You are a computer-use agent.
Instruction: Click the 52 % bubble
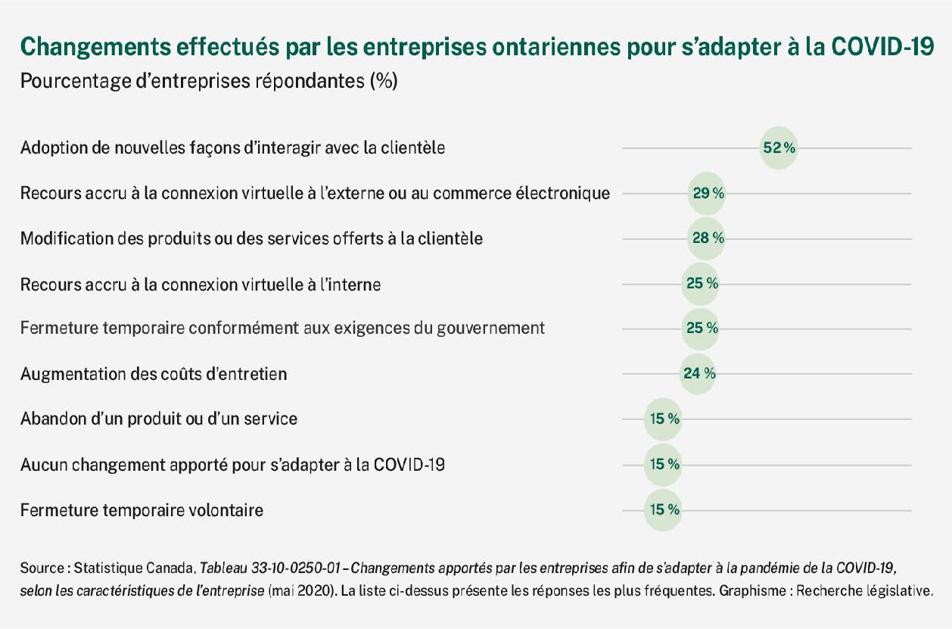[x=778, y=148]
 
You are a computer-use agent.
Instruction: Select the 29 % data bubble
[x=707, y=193]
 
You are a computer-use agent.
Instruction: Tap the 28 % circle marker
[x=707, y=238]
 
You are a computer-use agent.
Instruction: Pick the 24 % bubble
[x=698, y=373]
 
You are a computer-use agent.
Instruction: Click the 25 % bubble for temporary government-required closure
[x=700, y=329]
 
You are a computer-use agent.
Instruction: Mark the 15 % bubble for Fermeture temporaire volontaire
[x=662, y=510]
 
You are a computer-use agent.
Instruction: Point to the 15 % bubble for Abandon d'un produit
[x=662, y=418]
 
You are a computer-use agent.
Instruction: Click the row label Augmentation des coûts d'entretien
[x=154, y=374]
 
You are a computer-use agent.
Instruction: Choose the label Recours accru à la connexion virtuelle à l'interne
[x=201, y=285]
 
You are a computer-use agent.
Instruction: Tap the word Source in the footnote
[x=42, y=567]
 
